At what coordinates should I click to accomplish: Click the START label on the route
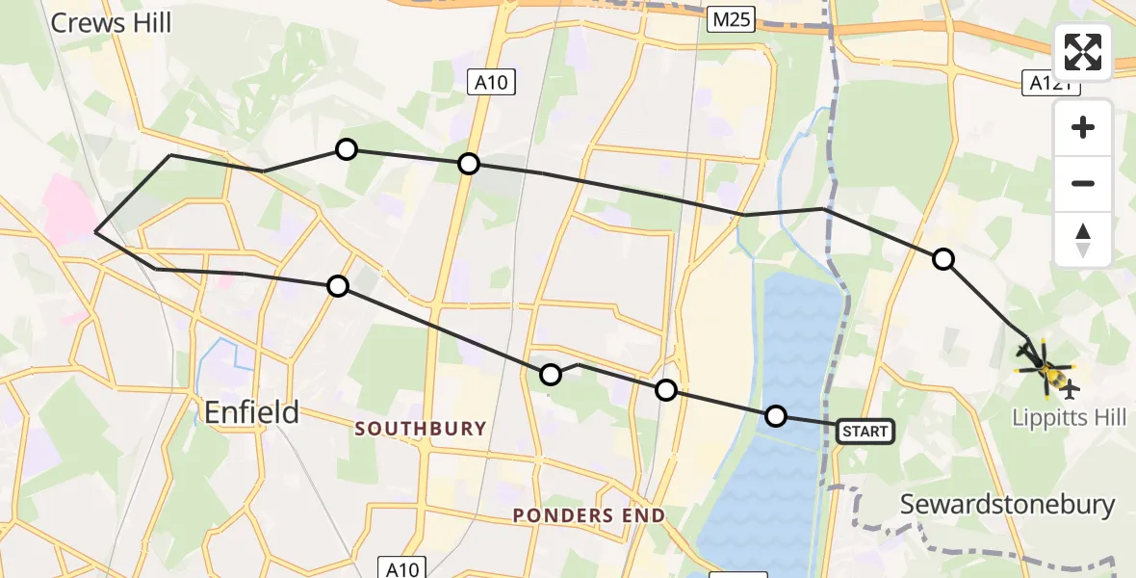(x=865, y=432)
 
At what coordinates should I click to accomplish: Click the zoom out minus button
(x=1083, y=183)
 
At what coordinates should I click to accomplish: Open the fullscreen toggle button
(x=1083, y=52)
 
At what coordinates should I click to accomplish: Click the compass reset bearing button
(x=1083, y=239)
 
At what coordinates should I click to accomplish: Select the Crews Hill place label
(x=111, y=22)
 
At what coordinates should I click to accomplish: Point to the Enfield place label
(x=251, y=412)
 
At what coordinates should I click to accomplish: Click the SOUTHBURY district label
(x=421, y=428)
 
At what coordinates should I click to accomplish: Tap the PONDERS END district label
(x=589, y=515)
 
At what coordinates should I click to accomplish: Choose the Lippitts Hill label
(x=1069, y=417)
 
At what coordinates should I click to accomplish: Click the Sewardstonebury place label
(x=1007, y=504)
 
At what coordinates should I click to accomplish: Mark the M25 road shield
(x=733, y=18)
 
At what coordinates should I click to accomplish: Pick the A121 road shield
(x=1049, y=85)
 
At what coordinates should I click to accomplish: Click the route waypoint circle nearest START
(x=775, y=416)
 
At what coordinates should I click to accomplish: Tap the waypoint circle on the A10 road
(x=468, y=164)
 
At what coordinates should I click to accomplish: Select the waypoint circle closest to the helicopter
(x=943, y=258)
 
